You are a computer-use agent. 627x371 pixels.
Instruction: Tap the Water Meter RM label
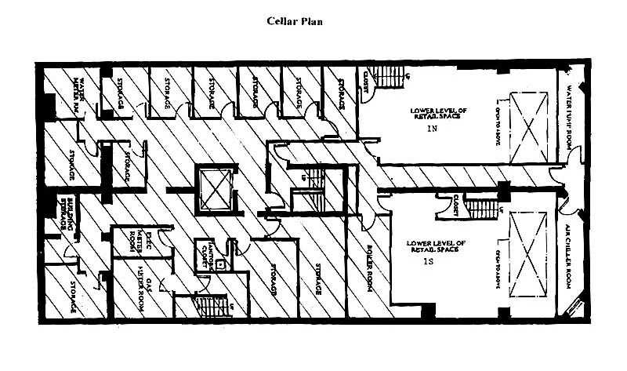(82, 96)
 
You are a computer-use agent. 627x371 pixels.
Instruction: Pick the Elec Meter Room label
(138, 244)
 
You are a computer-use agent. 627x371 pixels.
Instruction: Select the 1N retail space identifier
(429, 127)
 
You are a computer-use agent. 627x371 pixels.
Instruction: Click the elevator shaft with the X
(210, 188)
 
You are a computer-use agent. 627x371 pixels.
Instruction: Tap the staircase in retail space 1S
(483, 209)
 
